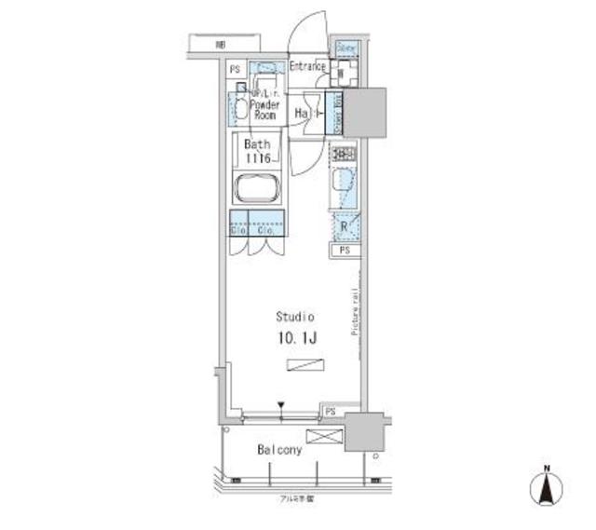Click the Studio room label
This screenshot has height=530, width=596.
tap(294, 316)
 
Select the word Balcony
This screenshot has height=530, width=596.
tap(278, 450)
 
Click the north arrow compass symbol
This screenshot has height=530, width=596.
tap(548, 488)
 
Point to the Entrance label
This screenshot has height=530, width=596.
tap(306, 66)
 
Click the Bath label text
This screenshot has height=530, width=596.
tap(257, 145)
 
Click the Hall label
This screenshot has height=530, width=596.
tap(305, 113)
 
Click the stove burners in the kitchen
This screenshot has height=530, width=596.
tap(342, 155)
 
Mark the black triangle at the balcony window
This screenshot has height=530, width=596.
tap(280, 405)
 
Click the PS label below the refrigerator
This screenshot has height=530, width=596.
tap(345, 251)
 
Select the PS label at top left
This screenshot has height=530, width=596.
tap(235, 69)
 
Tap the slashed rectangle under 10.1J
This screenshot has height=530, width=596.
tap(301, 366)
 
